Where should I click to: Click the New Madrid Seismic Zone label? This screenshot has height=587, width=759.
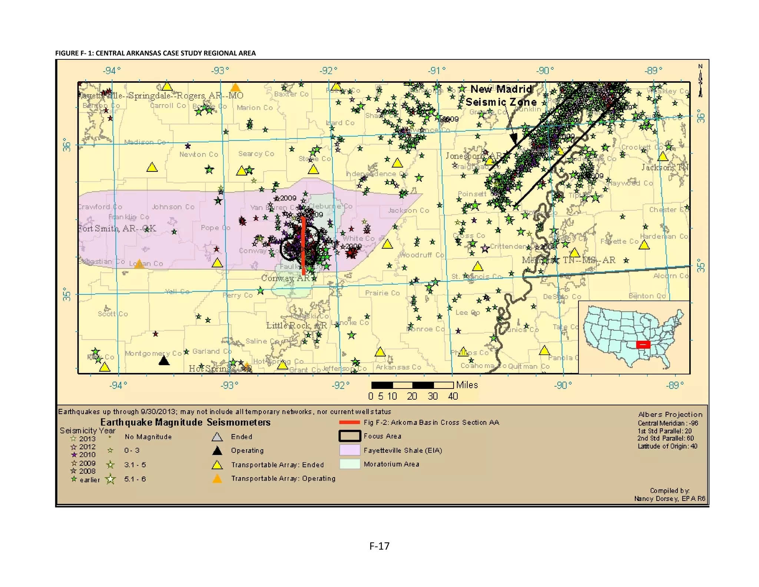[x=501, y=95]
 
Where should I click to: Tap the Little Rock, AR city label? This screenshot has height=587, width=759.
[x=296, y=325]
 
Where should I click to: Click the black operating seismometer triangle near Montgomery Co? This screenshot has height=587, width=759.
[x=164, y=361]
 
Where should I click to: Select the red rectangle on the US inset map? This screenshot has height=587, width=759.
[x=643, y=344]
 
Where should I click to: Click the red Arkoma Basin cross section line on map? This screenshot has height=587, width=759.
[x=304, y=245]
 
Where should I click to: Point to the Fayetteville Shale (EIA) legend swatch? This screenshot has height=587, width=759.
[x=349, y=450]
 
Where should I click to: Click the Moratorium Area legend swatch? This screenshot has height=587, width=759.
[x=349, y=464]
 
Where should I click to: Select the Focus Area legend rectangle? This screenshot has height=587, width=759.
[x=349, y=436]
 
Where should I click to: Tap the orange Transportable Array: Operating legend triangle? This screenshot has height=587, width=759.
[x=217, y=479]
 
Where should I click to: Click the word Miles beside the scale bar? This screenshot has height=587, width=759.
[x=467, y=385]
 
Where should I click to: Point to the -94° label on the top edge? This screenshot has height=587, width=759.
[x=112, y=70]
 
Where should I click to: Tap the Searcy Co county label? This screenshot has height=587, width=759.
[x=256, y=154]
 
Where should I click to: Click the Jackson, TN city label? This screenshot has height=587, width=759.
[x=665, y=167]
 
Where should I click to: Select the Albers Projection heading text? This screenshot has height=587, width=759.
[x=670, y=414]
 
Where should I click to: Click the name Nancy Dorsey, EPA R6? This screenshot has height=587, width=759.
[x=669, y=498]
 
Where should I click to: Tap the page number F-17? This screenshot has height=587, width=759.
[x=379, y=546]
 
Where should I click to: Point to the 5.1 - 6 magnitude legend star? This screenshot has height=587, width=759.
[x=110, y=479]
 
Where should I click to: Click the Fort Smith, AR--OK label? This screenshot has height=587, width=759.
[x=117, y=228]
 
